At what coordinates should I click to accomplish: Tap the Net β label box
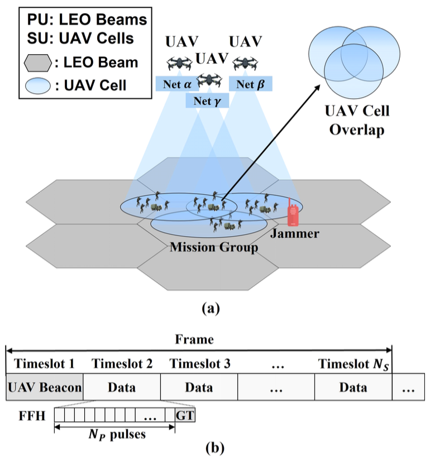(251, 84)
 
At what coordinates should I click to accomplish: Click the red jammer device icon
(292, 215)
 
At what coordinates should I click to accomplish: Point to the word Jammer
(295, 233)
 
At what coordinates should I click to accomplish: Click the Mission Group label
(214, 247)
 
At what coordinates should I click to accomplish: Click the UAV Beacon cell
(44, 387)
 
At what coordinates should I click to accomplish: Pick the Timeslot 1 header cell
(44, 364)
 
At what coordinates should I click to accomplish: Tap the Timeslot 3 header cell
(199, 364)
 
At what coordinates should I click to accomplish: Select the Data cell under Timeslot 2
(122, 387)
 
